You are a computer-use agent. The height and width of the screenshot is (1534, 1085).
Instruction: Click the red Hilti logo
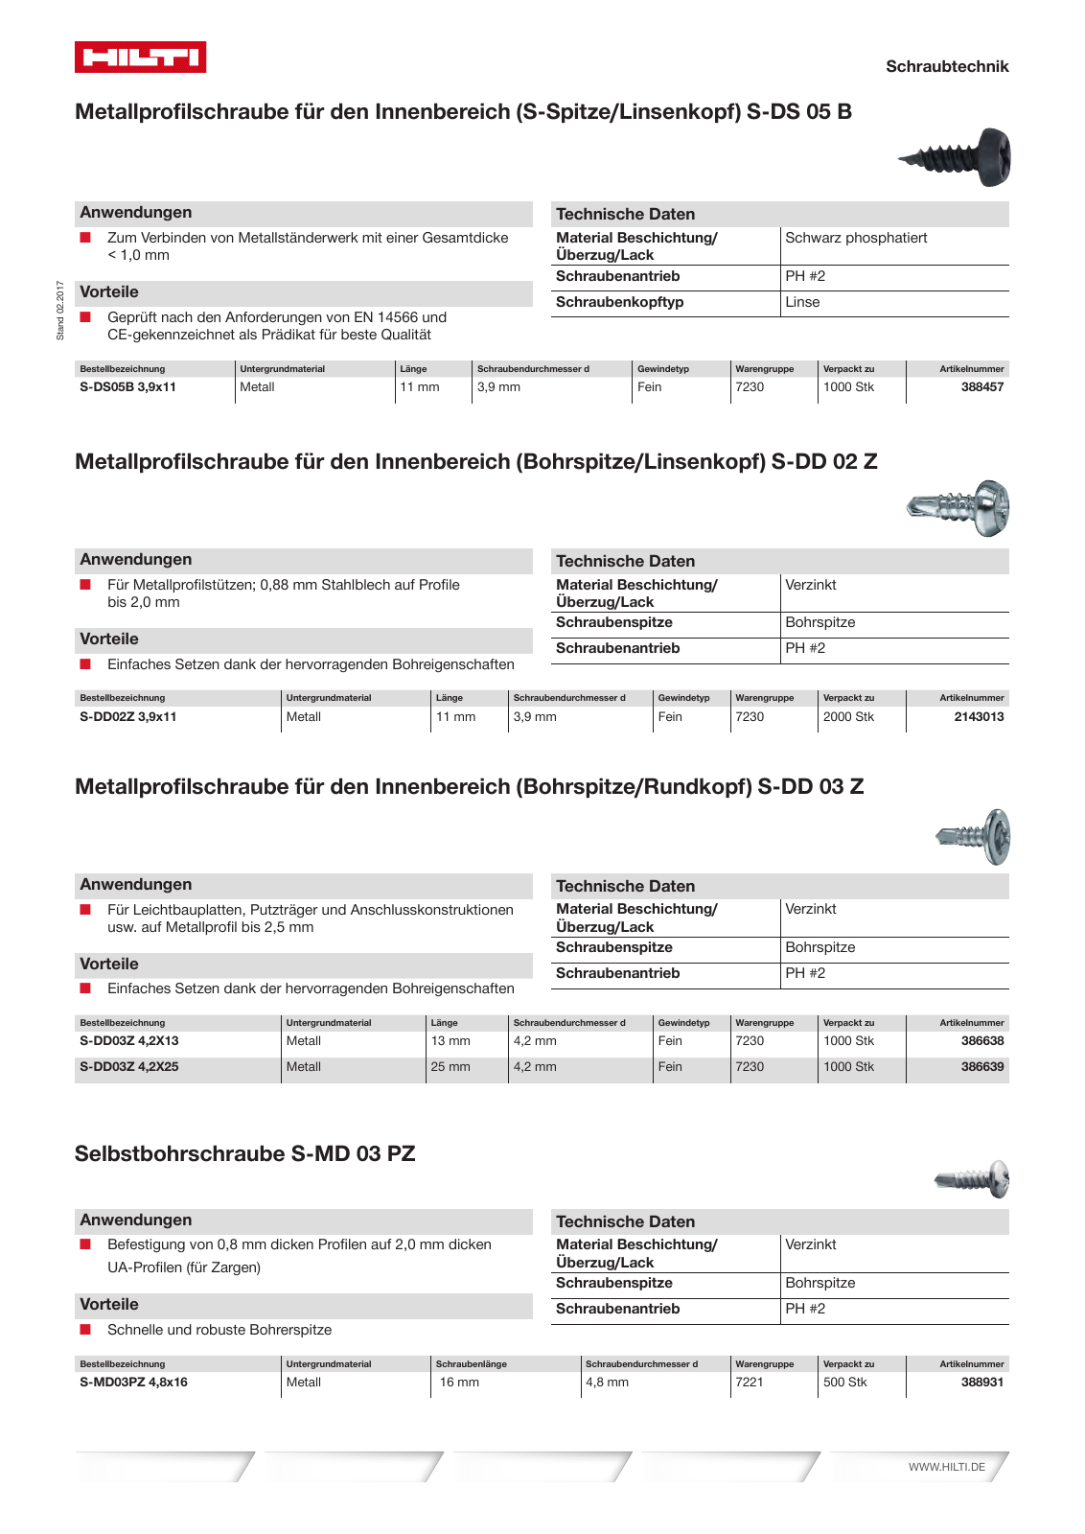point(140,58)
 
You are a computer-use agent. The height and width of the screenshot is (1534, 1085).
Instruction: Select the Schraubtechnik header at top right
point(946,66)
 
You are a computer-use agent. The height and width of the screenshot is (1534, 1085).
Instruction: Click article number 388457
point(981,387)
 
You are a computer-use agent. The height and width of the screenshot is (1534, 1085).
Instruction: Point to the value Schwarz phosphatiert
point(856,238)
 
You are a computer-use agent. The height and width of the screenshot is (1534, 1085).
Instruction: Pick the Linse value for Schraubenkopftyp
point(802,302)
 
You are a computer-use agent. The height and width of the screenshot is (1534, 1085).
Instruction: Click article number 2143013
point(979,716)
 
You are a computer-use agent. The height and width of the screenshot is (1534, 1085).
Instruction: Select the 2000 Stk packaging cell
point(848,716)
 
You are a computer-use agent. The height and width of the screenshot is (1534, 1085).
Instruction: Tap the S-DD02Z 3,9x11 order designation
point(127,716)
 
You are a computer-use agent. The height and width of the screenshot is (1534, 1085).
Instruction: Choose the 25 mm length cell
point(450,1066)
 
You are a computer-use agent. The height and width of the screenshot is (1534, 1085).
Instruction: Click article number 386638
point(981,1040)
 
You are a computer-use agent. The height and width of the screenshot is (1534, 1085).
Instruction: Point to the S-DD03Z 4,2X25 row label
point(128,1066)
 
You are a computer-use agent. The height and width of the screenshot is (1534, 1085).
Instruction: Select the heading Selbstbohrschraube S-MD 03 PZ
point(244,1153)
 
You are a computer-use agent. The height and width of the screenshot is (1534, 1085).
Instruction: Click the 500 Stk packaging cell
point(844,1382)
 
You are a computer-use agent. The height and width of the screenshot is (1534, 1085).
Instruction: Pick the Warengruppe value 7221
point(750,1382)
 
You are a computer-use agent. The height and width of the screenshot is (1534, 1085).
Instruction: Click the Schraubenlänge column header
point(471,1363)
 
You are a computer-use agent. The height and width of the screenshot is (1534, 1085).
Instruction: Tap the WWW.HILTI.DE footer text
point(946,1467)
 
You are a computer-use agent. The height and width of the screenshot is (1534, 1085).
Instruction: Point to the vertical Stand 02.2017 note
point(60,310)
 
